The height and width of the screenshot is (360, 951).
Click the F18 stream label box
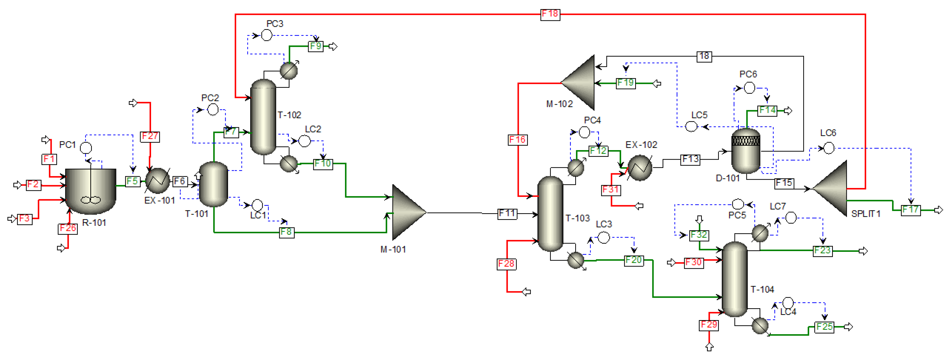coord(550,14)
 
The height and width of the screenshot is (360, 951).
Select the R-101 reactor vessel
coord(90,191)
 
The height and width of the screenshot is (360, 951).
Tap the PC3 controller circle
coord(267,35)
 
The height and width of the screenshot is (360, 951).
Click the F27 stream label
coord(150,136)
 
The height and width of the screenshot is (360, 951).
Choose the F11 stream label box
coord(507,213)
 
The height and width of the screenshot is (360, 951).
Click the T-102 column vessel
coord(263,117)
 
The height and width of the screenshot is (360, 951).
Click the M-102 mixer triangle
coord(578,83)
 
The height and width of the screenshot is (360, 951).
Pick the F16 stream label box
coord(518,140)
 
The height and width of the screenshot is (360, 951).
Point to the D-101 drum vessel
coord(746,151)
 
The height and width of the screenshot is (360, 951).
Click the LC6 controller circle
coord(829,148)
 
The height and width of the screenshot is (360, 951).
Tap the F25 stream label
coord(824,327)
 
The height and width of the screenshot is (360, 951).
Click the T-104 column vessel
coord(734,279)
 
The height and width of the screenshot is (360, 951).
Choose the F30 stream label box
coord(694,262)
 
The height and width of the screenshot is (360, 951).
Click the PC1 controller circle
coord(86,148)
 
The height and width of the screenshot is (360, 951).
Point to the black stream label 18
coord(704,56)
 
